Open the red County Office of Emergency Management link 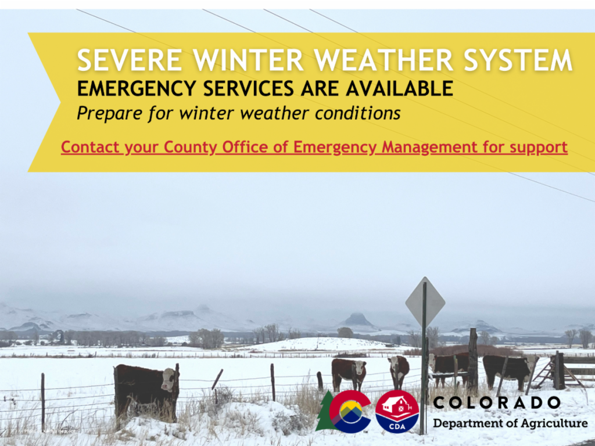314,147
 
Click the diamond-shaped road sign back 425,302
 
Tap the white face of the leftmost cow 168,380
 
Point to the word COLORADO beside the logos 497,402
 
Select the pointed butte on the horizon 357,320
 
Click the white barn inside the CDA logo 396,405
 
